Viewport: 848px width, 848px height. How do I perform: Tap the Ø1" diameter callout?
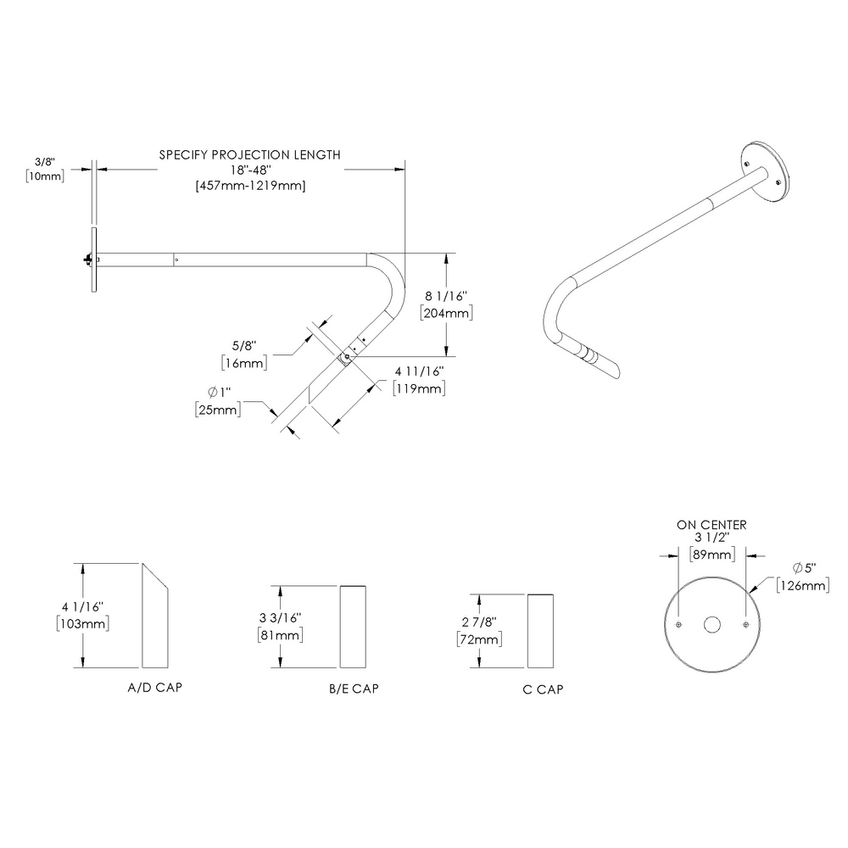pyautogui.click(x=219, y=393)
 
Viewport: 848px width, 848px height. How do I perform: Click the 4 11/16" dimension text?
pyautogui.click(x=420, y=371)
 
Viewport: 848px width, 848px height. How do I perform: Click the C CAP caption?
pyautogui.click(x=543, y=689)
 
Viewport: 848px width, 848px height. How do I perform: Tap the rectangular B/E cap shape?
pyautogui.click(x=354, y=628)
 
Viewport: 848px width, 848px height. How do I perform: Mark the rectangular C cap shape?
pyautogui.click(x=542, y=632)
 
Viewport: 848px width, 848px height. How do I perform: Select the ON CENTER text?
pyautogui.click(x=711, y=525)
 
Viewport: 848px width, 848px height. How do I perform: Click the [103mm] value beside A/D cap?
pyautogui.click(x=82, y=623)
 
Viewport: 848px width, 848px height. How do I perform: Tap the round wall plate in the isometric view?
pyautogui.click(x=766, y=171)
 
